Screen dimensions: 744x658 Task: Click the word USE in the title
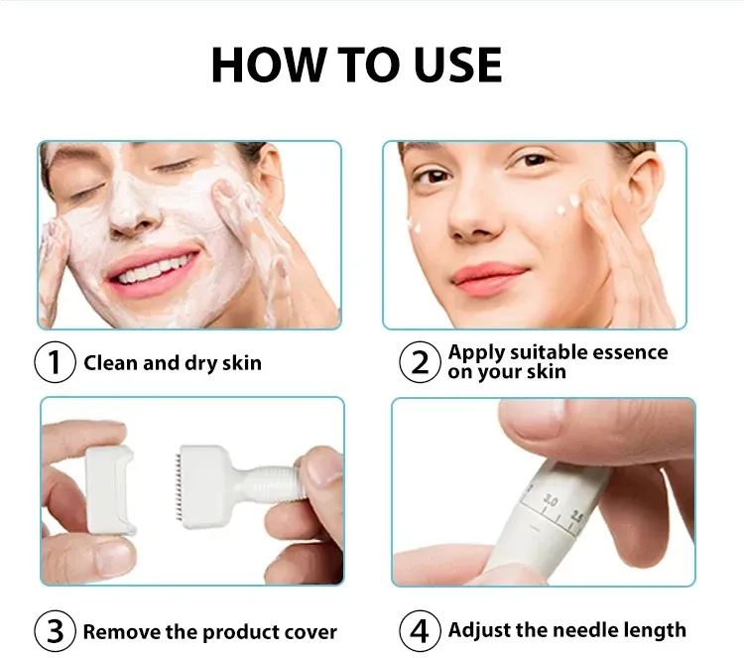(458, 65)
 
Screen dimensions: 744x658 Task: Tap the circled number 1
(55, 362)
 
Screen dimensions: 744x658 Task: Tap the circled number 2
(420, 362)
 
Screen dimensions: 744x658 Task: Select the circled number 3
(55, 631)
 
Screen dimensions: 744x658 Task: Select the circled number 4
(420, 631)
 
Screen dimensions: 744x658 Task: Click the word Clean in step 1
(110, 362)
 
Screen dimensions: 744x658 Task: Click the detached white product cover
(110, 490)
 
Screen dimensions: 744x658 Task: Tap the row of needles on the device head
(178, 486)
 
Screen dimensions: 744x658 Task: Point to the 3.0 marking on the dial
(551, 500)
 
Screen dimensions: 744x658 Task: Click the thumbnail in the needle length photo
(533, 418)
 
